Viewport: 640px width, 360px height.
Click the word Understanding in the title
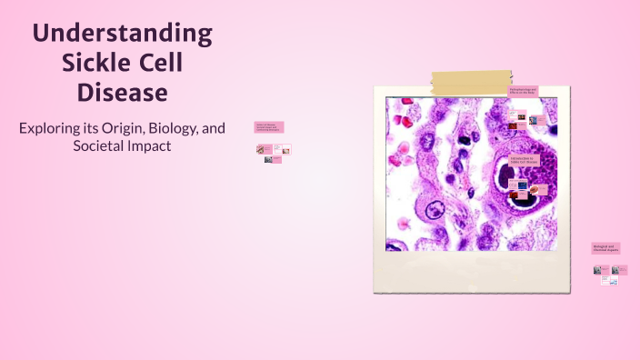(123, 35)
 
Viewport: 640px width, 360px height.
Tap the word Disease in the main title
(123, 93)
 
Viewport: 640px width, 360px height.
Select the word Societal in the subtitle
(99, 145)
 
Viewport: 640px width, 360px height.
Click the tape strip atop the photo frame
(470, 84)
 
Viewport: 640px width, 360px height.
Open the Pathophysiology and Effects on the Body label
(523, 91)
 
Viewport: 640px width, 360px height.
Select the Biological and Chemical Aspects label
(605, 247)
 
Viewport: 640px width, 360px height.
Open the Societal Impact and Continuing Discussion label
(269, 127)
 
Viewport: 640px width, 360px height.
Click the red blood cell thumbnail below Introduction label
(539, 191)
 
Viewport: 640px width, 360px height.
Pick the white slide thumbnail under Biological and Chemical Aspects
(608, 281)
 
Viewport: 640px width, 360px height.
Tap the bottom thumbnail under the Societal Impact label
(269, 160)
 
